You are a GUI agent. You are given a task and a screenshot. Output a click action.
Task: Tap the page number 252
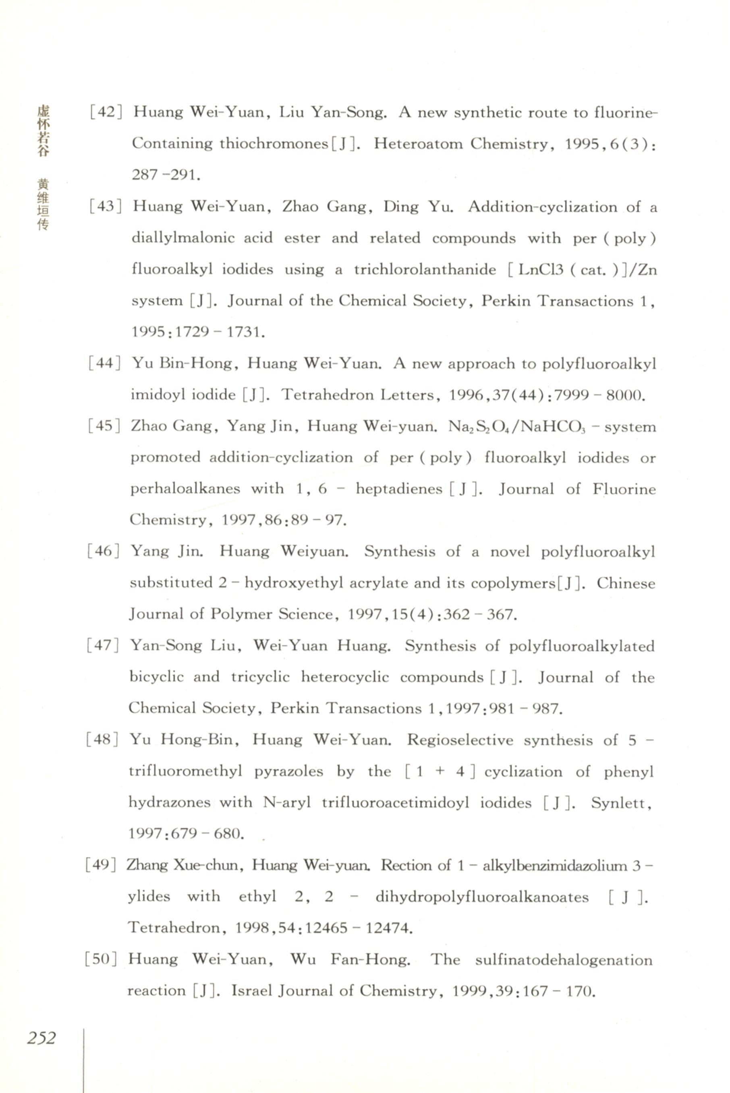[x=41, y=1038]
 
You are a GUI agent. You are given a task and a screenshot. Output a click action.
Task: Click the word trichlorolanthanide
[x=425, y=270]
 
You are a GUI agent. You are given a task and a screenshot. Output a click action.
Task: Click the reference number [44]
[x=104, y=363]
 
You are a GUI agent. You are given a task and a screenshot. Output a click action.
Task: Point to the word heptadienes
[x=399, y=489]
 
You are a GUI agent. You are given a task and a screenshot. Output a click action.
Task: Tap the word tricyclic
[x=260, y=677]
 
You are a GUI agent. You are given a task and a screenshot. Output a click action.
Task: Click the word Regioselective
[x=460, y=740]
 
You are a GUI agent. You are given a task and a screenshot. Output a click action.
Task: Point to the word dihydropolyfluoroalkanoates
[x=482, y=897]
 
